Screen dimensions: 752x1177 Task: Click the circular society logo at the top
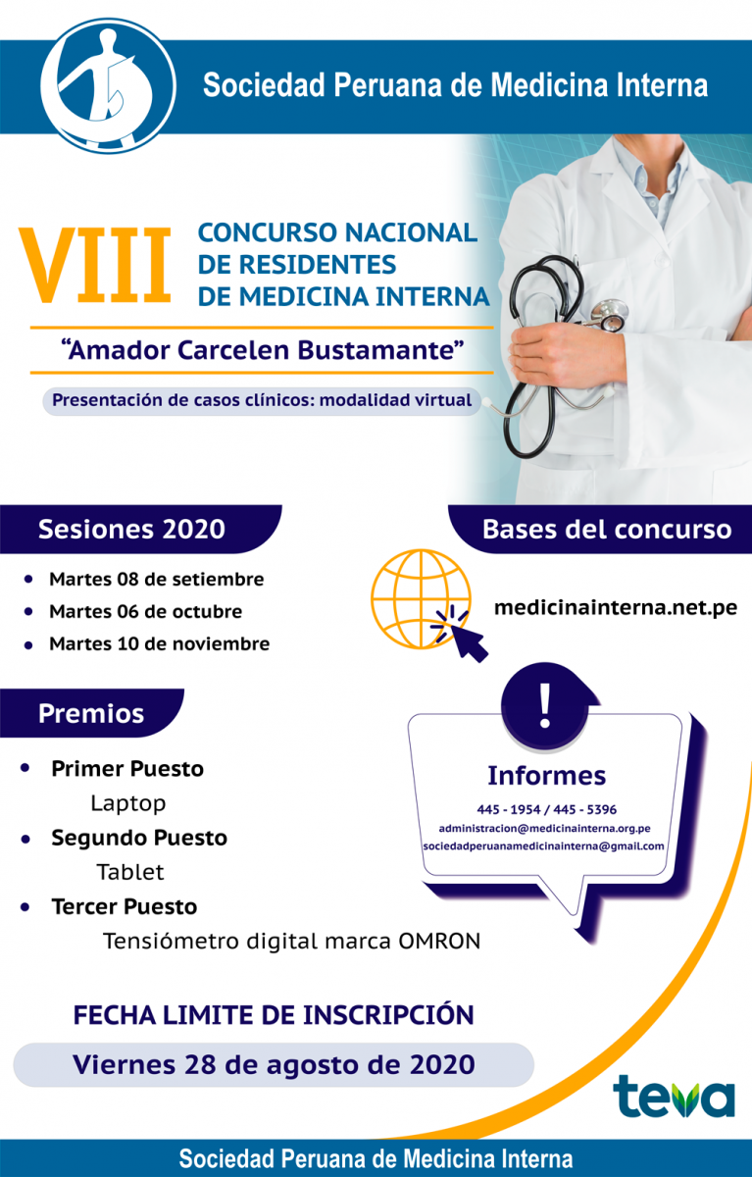coord(108,86)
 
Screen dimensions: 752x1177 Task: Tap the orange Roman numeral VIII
coord(95,266)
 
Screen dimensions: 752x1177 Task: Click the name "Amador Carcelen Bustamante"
coord(263,350)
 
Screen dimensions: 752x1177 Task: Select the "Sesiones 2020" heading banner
coord(140,529)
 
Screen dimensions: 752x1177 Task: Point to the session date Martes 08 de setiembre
coord(157,580)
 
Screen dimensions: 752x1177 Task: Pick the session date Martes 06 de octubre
coord(145,612)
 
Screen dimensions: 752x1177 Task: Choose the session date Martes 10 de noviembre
coord(159,643)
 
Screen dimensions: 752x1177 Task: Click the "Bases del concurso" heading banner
coord(600,529)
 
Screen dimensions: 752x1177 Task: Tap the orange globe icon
coord(422,599)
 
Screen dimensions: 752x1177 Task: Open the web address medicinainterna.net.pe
coord(616,607)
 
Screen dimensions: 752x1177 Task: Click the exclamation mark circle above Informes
coord(546,705)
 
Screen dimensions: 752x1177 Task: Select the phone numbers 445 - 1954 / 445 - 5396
coord(546,810)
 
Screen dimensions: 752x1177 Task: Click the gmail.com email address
coord(543,846)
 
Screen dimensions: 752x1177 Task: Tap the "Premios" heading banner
coord(92,713)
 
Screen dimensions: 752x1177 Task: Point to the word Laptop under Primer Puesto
coord(128,803)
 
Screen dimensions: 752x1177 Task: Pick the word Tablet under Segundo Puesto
coord(130,872)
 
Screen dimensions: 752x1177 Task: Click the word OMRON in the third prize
coord(439,941)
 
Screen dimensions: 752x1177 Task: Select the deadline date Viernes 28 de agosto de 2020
coord(274,1064)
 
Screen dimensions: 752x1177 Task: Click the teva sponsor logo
coord(674,1096)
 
